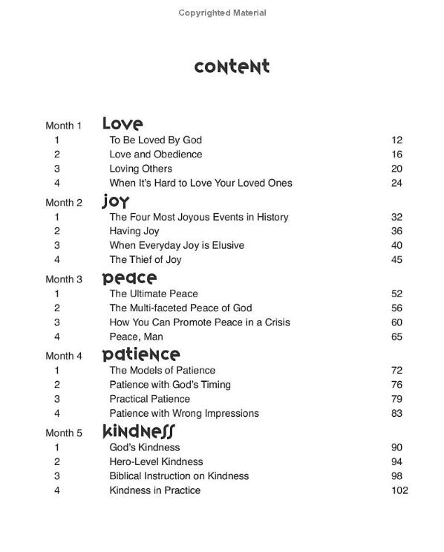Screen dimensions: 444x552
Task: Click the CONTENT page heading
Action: coord(232,68)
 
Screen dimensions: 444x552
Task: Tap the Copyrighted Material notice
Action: coord(222,13)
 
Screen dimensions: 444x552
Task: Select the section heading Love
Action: coord(123,123)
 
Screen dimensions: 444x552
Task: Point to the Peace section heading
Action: coord(129,279)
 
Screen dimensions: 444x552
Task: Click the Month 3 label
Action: coord(64,279)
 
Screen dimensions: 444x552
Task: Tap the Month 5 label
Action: coord(64,432)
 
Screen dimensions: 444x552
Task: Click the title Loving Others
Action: coord(141,169)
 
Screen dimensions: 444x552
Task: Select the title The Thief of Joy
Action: coord(146,260)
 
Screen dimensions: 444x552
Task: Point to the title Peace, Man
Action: coord(137,337)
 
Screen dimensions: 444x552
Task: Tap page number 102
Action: coord(398,490)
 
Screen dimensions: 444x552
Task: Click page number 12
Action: coord(396,140)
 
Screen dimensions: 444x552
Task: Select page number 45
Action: coord(396,260)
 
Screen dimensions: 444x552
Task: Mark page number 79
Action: coord(396,399)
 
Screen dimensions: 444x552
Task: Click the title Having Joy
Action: coord(135,231)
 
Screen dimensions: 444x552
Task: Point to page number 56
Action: coord(396,308)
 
